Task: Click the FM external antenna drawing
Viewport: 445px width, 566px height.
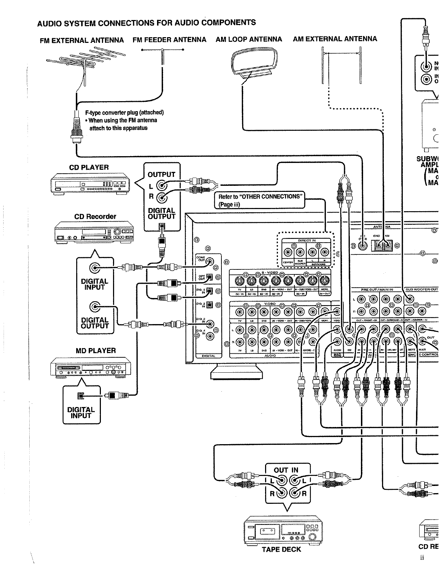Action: pos(86,61)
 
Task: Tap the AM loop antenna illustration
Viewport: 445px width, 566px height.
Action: pos(254,64)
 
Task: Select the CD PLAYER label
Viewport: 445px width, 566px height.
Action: pos(89,168)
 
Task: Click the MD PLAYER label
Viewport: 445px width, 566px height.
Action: pos(96,351)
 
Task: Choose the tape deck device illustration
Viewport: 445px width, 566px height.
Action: pos(281,530)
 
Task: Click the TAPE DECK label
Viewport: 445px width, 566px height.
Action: pos(282,550)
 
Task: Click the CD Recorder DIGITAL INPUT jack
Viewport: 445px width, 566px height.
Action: pos(95,268)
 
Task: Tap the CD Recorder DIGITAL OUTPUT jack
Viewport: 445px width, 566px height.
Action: pos(95,306)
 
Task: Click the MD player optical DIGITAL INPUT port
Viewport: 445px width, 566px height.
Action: pos(81,396)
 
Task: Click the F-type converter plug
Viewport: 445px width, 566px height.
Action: pos(76,129)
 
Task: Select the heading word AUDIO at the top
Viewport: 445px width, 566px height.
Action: pos(50,24)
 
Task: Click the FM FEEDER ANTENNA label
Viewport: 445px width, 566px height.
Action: pos(169,40)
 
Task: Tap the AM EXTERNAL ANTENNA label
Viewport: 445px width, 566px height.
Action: pos(335,39)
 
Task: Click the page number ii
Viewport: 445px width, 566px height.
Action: pos(422,558)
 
